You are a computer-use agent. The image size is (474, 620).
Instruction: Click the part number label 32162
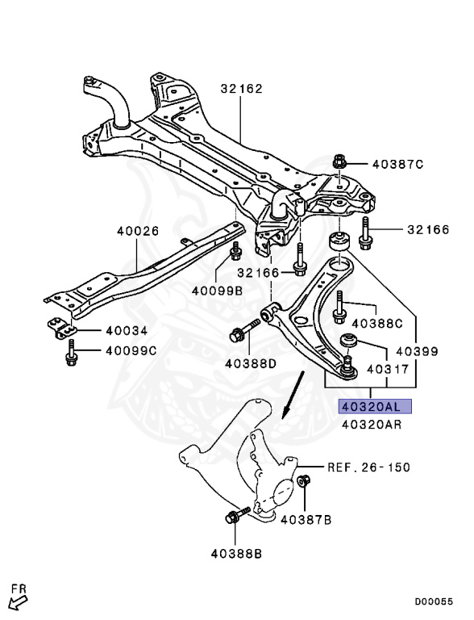point(241,89)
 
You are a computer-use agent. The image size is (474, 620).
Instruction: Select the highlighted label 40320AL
point(375,406)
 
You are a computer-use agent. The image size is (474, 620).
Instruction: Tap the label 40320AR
point(372,425)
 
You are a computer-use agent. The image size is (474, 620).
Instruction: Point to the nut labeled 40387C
point(339,161)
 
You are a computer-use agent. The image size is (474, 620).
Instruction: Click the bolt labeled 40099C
point(71,353)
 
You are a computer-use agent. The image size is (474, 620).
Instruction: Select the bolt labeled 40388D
point(244,331)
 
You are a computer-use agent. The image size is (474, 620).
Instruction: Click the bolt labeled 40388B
point(237,515)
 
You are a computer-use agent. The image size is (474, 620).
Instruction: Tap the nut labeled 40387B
point(303,481)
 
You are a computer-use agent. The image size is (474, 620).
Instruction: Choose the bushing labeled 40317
point(349,341)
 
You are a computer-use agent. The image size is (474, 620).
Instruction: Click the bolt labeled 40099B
point(236,251)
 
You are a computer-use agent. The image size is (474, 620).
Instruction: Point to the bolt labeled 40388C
point(339,308)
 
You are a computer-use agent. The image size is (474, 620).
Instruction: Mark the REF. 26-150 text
point(369,467)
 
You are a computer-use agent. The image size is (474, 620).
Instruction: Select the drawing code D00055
point(434,601)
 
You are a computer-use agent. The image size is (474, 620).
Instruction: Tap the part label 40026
point(138,231)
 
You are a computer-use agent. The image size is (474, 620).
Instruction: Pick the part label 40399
point(417,351)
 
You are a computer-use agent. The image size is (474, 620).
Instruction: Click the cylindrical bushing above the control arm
point(339,242)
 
